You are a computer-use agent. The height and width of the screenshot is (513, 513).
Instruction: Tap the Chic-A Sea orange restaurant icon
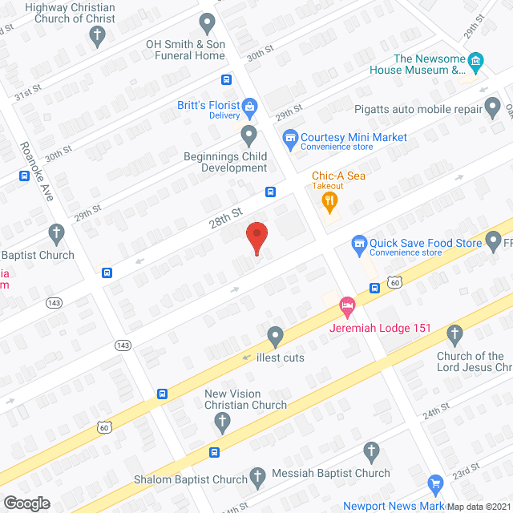point(328,202)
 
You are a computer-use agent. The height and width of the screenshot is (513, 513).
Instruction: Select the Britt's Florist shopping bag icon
point(249,106)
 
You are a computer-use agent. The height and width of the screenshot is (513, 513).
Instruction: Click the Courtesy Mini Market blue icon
point(291,138)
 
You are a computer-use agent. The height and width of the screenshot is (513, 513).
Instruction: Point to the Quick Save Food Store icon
point(360,243)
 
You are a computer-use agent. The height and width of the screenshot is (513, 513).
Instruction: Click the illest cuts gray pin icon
point(276,336)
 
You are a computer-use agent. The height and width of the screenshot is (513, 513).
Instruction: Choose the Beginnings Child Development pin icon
point(248,134)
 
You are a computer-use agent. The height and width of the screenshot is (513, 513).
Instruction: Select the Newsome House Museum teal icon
point(476,60)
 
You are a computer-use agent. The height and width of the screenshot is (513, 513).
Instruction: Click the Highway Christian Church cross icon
point(97,35)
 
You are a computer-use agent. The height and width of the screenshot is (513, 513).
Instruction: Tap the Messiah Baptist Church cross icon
point(370,451)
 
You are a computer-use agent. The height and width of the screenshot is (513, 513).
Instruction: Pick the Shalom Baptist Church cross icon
point(258,479)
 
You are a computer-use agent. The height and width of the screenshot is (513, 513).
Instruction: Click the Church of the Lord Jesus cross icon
point(455,333)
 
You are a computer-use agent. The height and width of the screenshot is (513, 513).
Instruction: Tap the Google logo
point(26,503)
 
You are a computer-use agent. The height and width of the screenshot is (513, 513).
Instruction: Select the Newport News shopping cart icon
point(436,483)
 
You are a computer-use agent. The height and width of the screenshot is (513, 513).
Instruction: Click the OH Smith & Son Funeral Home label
point(184,50)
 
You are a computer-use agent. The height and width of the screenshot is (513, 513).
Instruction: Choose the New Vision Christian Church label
point(245,399)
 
